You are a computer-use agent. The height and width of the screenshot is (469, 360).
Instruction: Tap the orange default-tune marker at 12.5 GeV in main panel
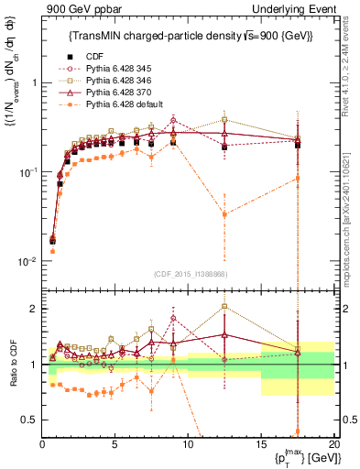[224, 214]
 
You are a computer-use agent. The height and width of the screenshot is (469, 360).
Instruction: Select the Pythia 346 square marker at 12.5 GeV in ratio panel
[224, 307]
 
